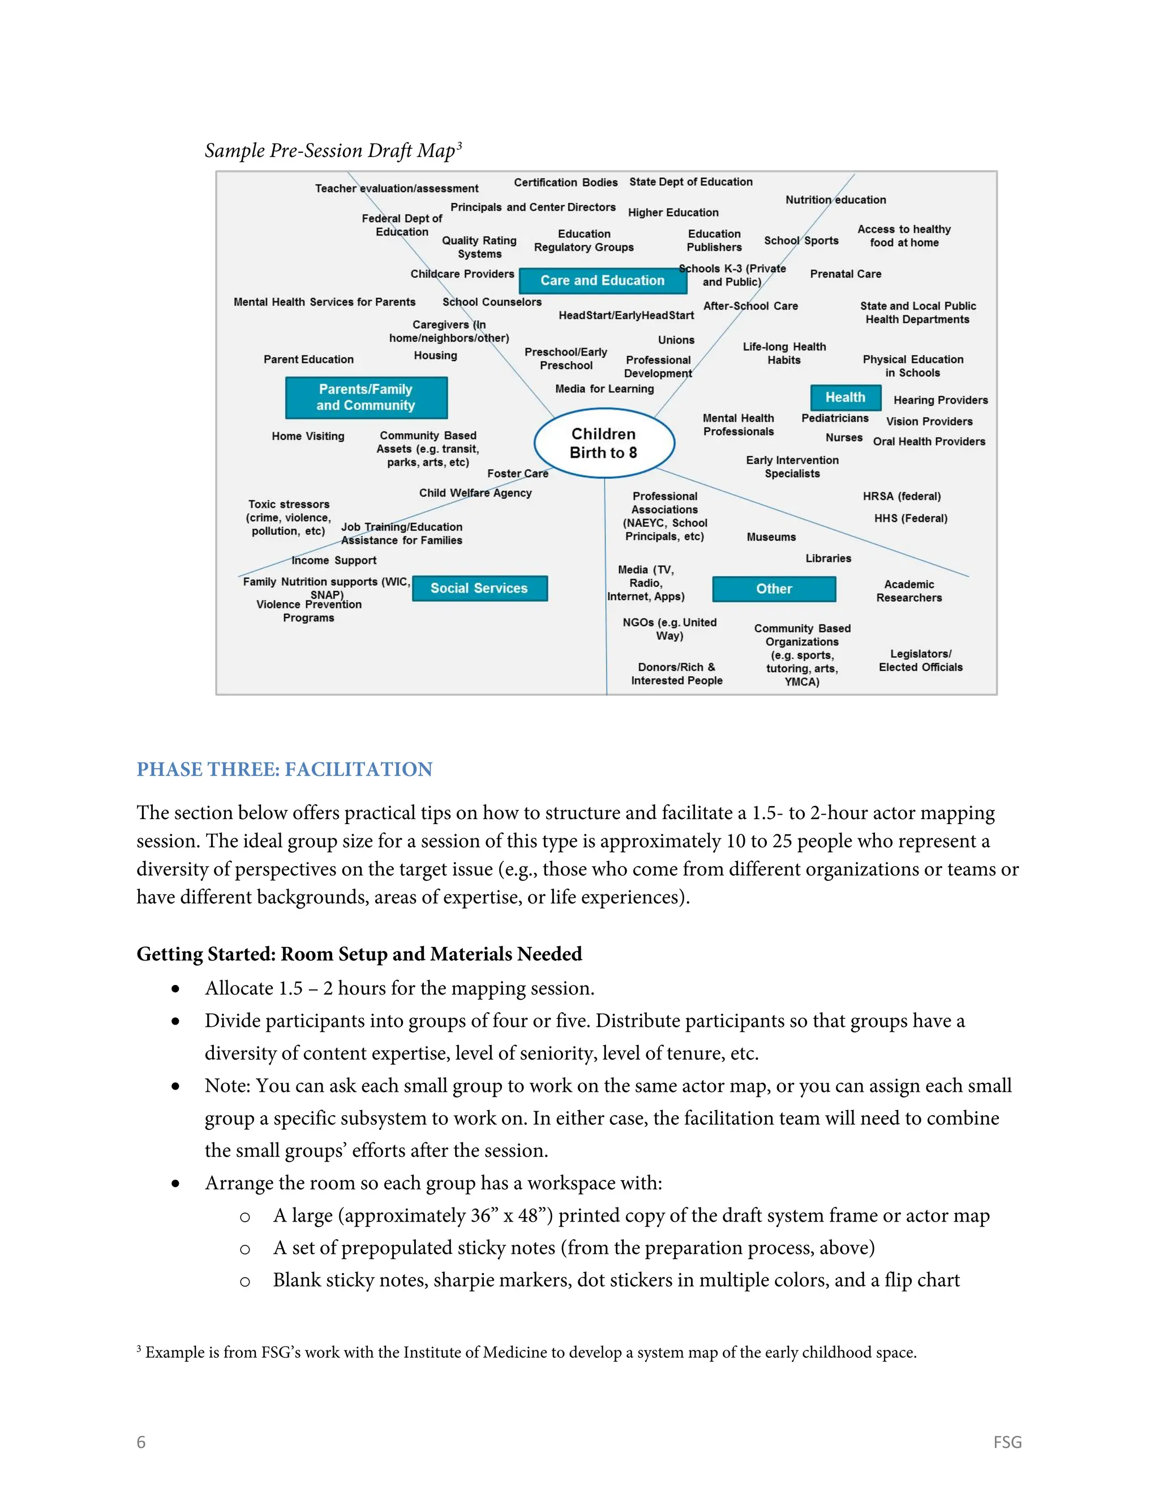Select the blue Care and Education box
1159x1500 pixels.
pyautogui.click(x=602, y=280)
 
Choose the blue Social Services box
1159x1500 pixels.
pyautogui.click(x=479, y=588)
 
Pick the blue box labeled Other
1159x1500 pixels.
pyautogui.click(x=774, y=589)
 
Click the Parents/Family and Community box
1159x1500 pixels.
pyautogui.click(x=366, y=397)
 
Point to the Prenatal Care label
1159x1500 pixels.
pyautogui.click(x=845, y=273)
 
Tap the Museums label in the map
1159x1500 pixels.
pyautogui.click(x=771, y=537)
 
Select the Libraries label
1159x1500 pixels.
pyautogui.click(x=828, y=558)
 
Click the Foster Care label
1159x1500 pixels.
pyautogui.click(x=518, y=473)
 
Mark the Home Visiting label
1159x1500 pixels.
pyautogui.click(x=308, y=435)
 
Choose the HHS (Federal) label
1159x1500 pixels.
pyautogui.click(x=911, y=518)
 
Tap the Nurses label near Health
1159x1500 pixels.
pyautogui.click(x=844, y=437)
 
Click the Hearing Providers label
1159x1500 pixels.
pyautogui.click(x=940, y=400)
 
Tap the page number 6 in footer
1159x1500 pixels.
pyautogui.click(x=141, y=1442)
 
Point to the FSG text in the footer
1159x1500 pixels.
pyautogui.click(x=1007, y=1442)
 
